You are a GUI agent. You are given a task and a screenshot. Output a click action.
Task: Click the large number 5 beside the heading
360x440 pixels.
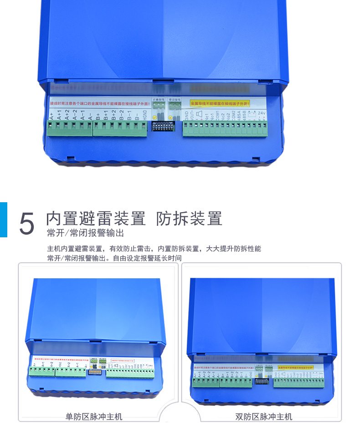(x=27, y=223)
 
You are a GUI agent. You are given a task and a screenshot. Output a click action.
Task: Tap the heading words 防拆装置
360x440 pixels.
(x=189, y=219)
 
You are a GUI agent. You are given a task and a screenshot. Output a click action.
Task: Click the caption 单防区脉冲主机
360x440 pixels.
(x=94, y=416)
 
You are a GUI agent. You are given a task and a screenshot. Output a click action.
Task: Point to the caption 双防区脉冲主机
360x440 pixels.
(x=264, y=416)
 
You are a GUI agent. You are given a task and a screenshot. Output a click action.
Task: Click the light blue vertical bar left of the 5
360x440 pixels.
(x=3, y=220)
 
